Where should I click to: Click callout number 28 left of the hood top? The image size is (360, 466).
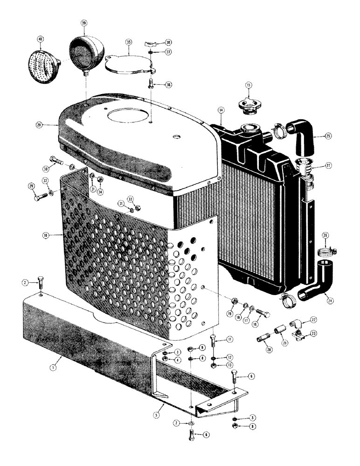click(x=39, y=125)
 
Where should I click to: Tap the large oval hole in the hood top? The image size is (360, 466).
click(x=129, y=116)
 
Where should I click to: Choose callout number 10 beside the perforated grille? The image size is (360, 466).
click(x=46, y=236)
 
